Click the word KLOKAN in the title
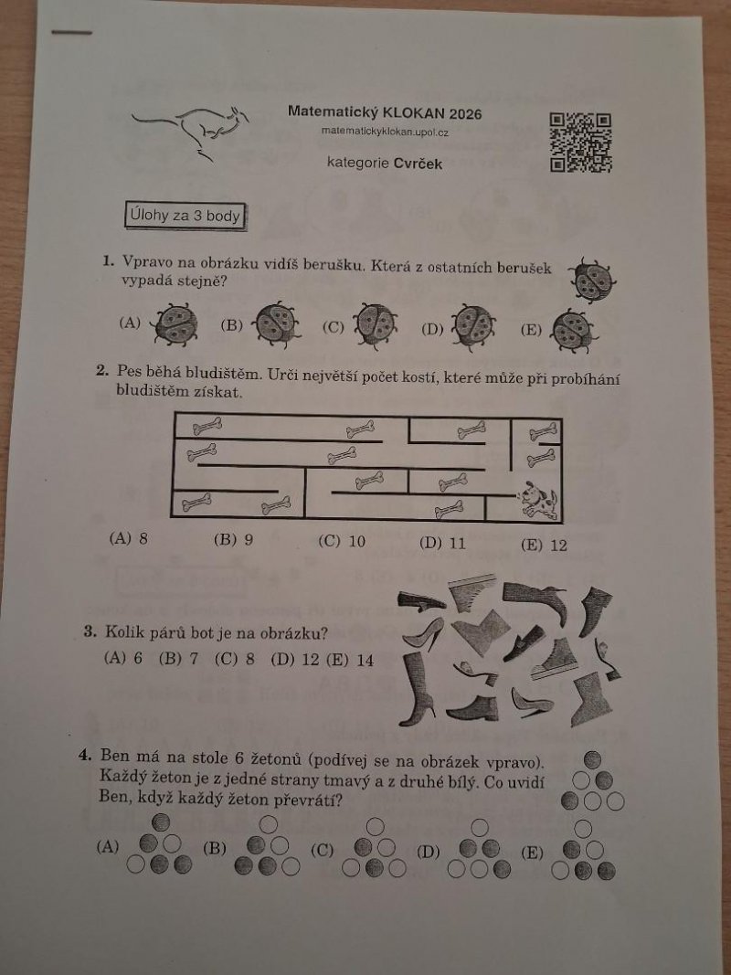(413, 112)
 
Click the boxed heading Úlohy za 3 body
(185, 217)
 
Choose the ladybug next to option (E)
(574, 330)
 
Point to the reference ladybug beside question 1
(592, 281)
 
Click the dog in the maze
(538, 499)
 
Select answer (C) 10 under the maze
(342, 541)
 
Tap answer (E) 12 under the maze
(544, 546)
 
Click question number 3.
(90, 632)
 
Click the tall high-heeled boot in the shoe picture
(419, 686)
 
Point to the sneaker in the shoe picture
(555, 659)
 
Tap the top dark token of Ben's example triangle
(593, 759)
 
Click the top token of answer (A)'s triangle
(161, 821)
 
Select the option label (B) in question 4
(215, 848)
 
